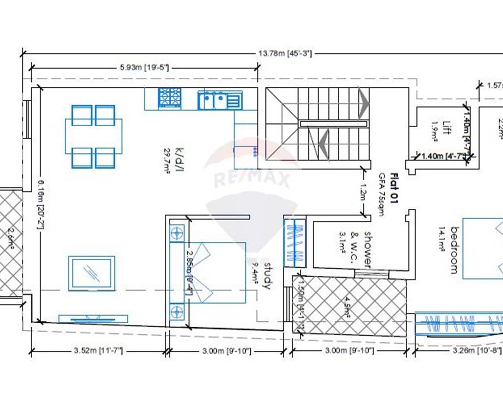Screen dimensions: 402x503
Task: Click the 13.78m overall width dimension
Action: click(285, 54)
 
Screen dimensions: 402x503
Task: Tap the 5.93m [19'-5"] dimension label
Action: click(144, 68)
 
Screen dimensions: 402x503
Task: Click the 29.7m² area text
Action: click(167, 161)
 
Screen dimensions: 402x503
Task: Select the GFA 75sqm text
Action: click(382, 194)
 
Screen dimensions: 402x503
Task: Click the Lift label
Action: click(446, 128)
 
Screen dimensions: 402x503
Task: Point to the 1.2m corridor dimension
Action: click(362, 191)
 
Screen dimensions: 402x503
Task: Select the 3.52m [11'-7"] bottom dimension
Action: click(98, 351)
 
